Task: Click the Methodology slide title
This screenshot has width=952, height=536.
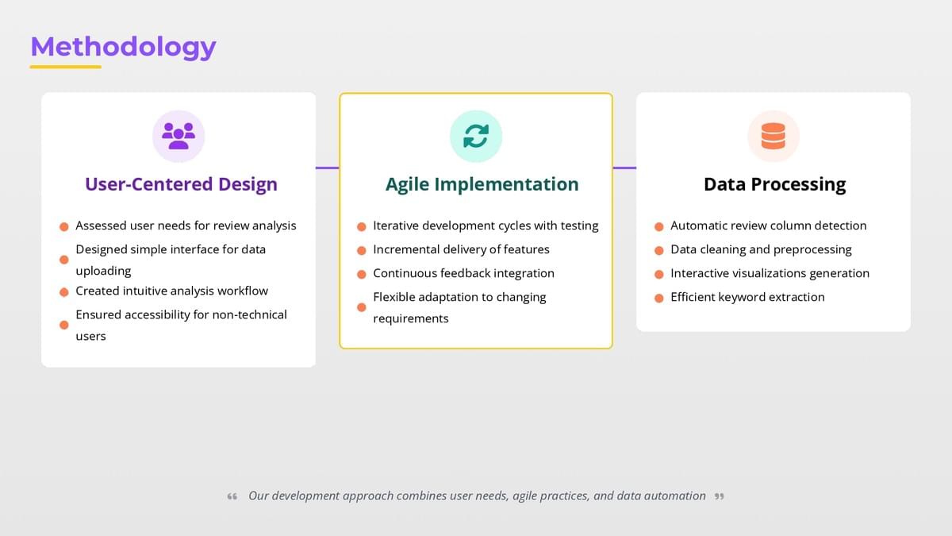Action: coord(123,47)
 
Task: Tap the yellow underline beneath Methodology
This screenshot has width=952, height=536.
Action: coord(65,67)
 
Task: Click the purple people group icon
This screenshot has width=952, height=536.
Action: coord(178,136)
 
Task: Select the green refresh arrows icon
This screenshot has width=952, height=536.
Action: coord(476,136)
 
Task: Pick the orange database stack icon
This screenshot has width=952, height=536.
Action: coord(773,136)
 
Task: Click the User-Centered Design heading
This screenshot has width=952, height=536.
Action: coord(181,184)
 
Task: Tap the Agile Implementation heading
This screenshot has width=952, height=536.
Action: coord(482,184)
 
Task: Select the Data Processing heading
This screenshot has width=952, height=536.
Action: coord(775,184)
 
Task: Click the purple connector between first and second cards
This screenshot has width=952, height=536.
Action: coord(327,168)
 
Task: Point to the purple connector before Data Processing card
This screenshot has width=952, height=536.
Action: coord(624,168)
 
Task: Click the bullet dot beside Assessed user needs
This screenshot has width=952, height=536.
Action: coord(64,226)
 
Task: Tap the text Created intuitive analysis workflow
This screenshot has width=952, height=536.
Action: coord(171,291)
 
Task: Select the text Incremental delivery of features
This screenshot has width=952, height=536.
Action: coord(461,249)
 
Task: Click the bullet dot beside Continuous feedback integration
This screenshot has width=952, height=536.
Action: coord(362,274)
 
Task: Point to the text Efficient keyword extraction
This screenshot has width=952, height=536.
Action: coord(747,297)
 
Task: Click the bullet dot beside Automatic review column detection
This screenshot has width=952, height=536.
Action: coord(659,226)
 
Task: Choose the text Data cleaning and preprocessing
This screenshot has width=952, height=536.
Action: coord(761,249)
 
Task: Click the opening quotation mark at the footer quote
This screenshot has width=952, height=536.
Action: coord(232,496)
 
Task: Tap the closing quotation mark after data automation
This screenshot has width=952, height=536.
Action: coord(719,496)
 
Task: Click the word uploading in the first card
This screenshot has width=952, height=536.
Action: coord(103,271)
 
